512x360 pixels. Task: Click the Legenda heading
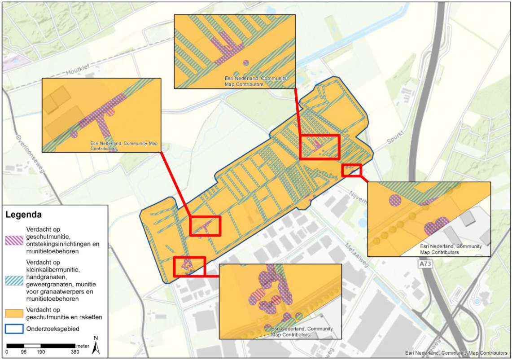(x=24, y=215)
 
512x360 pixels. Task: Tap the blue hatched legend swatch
(x=15, y=280)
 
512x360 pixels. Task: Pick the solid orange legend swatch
(x=15, y=313)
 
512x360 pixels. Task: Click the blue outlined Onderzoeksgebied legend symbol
(x=15, y=329)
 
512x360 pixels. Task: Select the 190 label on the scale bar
(x=41, y=352)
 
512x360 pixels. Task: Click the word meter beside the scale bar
(x=83, y=346)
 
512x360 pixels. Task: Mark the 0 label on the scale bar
(x=7, y=352)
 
